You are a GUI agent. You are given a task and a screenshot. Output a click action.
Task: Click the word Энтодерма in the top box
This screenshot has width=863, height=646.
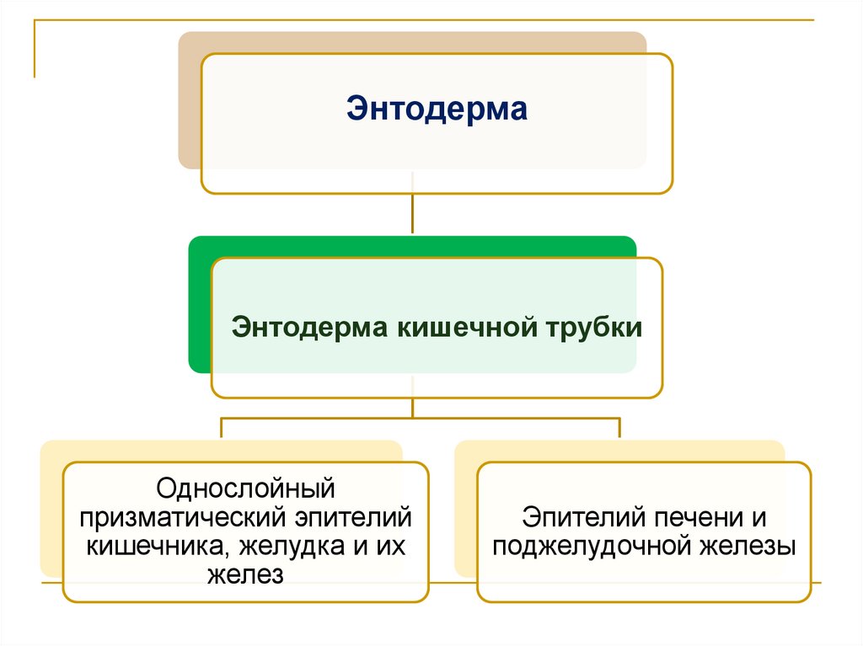pos(437,109)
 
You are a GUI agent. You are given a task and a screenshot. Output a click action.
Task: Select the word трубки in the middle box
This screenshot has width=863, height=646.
pos(595,327)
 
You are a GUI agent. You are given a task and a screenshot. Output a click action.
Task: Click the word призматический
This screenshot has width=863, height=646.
pos(185,516)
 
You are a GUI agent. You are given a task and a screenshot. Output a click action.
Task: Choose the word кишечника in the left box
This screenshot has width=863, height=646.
pos(157,545)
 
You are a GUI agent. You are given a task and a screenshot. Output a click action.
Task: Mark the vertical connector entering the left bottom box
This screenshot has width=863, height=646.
pos(222,428)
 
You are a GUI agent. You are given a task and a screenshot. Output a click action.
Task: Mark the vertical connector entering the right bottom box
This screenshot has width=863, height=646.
pos(619,428)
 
